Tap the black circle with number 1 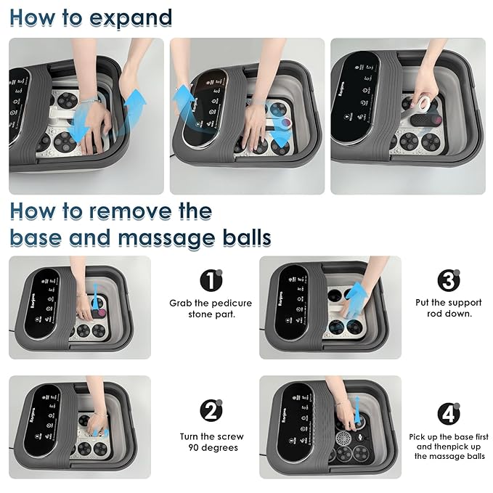tap(211, 280)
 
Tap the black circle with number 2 tap(211, 412)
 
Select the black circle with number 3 tap(449, 280)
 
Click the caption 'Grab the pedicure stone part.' tap(211, 308)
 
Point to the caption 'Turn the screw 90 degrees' tap(211, 441)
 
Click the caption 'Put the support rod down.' tap(449, 308)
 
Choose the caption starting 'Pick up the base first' tap(449, 446)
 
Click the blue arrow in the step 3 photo tap(356, 299)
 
